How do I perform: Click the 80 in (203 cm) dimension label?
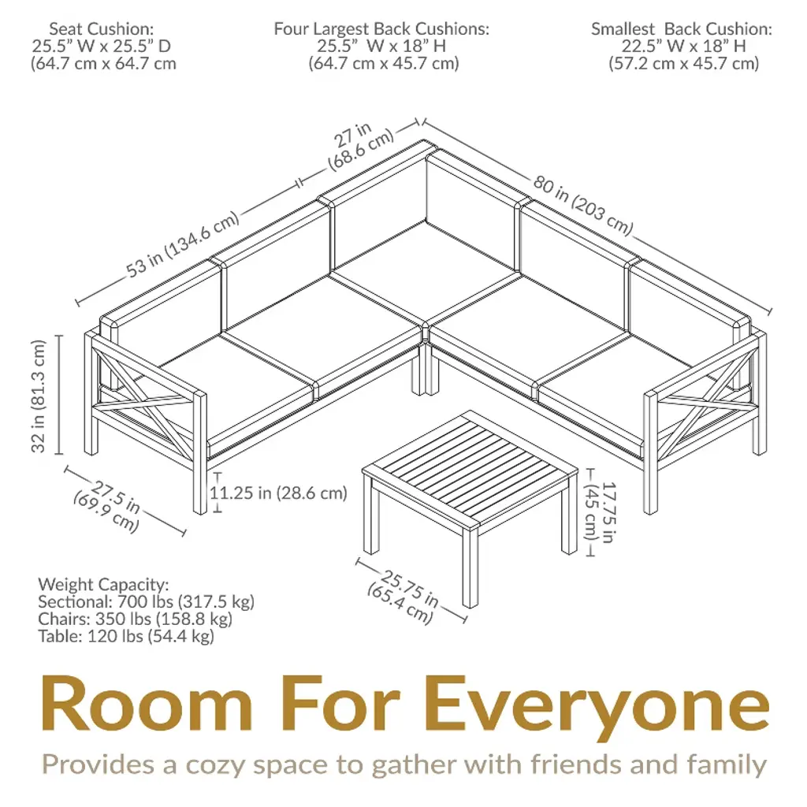[x=582, y=205]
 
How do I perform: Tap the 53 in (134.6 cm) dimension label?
[x=183, y=244]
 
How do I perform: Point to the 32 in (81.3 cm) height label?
[x=39, y=396]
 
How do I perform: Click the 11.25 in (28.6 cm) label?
[x=278, y=493]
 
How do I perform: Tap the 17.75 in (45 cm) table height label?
[x=601, y=511]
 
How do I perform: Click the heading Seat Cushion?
[x=102, y=29]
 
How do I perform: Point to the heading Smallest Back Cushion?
[x=682, y=29]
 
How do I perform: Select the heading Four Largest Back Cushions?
[x=381, y=29]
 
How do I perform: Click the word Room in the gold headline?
[x=147, y=702]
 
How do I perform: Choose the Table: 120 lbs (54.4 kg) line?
[x=126, y=636]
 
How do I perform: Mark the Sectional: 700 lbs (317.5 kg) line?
[x=146, y=601]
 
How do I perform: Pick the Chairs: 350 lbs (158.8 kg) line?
[x=136, y=619]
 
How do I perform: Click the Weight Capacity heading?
[x=103, y=585]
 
